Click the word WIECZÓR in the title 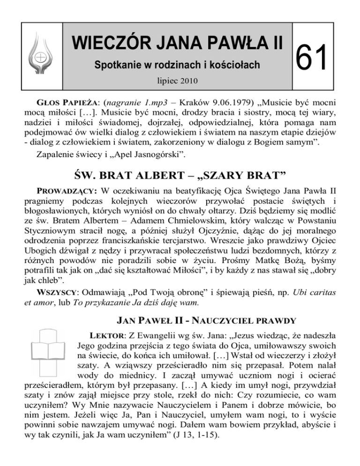click(108, 43)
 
